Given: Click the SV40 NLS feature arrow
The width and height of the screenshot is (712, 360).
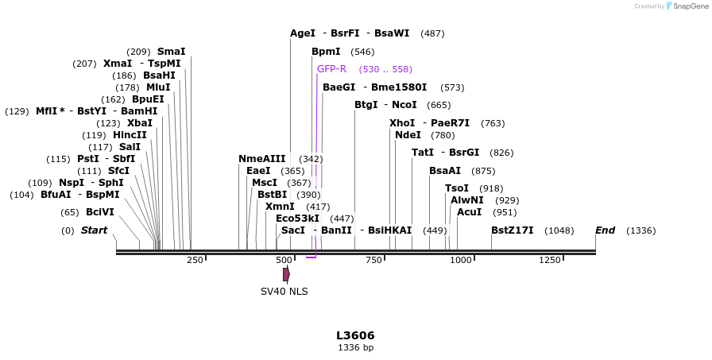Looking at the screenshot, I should click(x=286, y=274).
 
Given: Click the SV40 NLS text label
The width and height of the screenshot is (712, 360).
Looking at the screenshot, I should click(x=284, y=292).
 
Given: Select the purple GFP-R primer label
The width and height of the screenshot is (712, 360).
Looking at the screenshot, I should click(x=331, y=69).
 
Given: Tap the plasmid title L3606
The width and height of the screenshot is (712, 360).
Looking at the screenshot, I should click(x=355, y=335).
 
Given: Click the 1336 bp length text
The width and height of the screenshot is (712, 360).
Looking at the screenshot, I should click(x=355, y=347).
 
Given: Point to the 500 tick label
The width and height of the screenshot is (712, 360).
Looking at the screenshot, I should click(x=284, y=260).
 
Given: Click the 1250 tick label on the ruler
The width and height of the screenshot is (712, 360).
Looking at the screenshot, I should click(x=550, y=260).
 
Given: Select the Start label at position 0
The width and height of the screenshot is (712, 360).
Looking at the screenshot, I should click(x=94, y=230).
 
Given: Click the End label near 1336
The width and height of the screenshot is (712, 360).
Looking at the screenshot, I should click(x=605, y=230).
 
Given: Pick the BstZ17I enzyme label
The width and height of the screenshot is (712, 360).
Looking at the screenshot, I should click(x=512, y=230).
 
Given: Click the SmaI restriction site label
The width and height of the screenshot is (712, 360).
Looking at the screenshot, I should click(x=171, y=52).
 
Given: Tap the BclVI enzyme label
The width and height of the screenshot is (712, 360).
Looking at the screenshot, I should click(x=100, y=212).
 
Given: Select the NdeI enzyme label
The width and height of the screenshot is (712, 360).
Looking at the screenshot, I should click(x=408, y=135).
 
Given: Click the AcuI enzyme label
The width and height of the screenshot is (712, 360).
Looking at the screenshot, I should click(x=469, y=212).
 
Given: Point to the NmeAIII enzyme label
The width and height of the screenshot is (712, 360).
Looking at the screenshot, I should click(x=261, y=159).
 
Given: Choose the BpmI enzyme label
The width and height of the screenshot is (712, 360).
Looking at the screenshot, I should click(x=326, y=52).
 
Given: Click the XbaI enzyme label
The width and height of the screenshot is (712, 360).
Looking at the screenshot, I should click(x=139, y=123).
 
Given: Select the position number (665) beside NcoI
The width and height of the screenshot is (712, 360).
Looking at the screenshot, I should click(x=439, y=105).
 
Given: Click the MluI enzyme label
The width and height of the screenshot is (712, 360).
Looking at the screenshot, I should click(x=158, y=87).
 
